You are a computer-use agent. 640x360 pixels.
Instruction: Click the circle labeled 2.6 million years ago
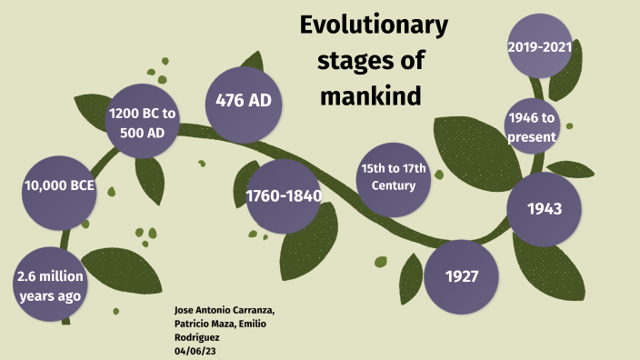point(51,284)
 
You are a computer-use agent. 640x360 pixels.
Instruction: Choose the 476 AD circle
point(244,100)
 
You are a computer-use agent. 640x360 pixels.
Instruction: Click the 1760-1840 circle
point(283,196)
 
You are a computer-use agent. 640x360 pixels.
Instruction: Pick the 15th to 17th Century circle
point(394,179)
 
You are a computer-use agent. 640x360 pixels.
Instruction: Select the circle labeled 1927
point(462,275)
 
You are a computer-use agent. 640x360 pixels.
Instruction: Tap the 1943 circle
point(544,208)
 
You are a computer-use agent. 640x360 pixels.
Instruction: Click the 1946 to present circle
point(531,126)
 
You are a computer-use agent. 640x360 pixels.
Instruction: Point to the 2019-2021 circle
point(539,45)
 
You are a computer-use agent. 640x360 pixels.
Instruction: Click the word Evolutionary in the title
point(374,25)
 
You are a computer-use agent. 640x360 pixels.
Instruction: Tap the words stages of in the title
point(369,60)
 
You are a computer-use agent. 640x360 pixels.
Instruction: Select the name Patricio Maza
point(203,325)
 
